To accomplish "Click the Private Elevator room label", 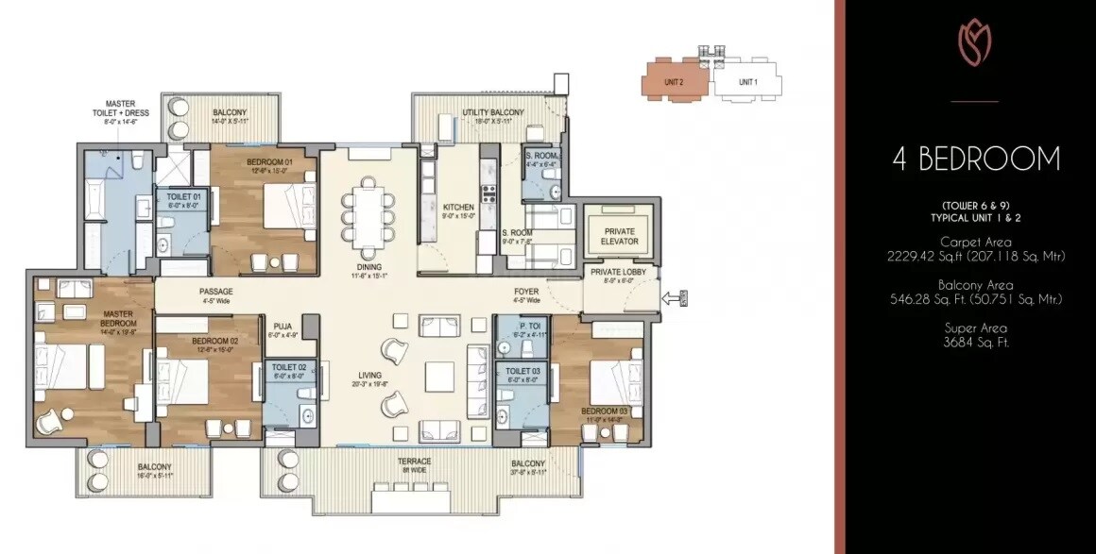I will [619, 236].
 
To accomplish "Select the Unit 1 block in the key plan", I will [747, 82].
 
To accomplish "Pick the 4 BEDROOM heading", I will [976, 159].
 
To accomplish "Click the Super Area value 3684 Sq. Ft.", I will [974, 343].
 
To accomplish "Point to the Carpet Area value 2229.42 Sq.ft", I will [974, 256].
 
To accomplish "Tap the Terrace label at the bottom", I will [414, 463].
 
